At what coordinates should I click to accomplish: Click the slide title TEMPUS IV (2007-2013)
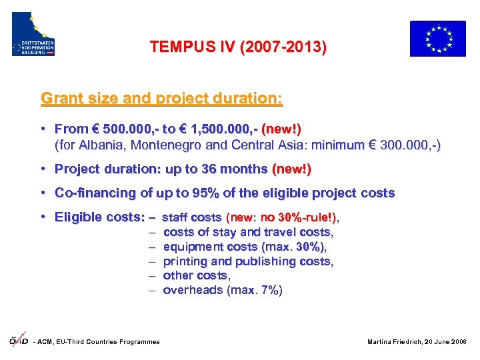tap(238, 47)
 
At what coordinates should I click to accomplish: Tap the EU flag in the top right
tap(437, 38)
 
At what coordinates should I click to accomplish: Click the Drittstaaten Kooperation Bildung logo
tap(33, 34)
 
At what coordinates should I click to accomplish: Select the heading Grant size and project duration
tap(161, 99)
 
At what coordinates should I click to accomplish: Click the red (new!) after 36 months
tap(291, 169)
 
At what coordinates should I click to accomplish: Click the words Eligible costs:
tap(100, 217)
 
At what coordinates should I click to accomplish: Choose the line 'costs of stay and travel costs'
tap(248, 232)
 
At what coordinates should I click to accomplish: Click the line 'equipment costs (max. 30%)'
tap(245, 247)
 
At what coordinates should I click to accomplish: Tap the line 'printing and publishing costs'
tap(248, 261)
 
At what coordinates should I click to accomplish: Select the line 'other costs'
tap(197, 275)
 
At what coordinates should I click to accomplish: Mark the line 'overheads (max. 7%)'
tap(223, 290)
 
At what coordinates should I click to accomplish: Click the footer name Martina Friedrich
tap(395, 342)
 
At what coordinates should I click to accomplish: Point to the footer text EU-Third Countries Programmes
tap(117, 342)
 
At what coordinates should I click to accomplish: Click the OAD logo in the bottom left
tap(18, 340)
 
